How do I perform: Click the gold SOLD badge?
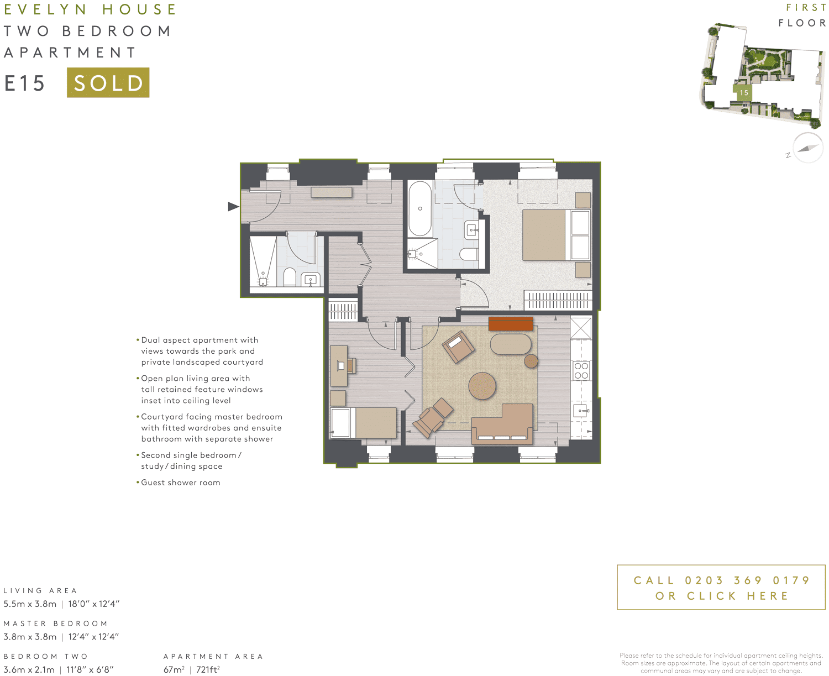[108, 83]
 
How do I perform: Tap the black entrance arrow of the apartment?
[233, 206]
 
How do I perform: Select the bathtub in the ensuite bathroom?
[420, 209]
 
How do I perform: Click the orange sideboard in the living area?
[511, 323]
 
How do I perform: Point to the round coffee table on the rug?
[482, 385]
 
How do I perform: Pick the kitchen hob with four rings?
[581, 371]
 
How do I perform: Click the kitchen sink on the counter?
[581, 410]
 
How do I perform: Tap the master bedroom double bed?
[555, 235]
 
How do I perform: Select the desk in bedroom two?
[339, 365]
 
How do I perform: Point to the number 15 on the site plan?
[744, 93]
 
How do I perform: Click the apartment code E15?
[25, 83]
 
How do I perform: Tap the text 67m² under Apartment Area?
[174, 669]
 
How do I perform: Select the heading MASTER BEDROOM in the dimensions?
[56, 623]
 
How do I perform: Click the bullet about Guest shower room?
[180, 483]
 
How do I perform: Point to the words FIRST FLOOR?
[802, 15]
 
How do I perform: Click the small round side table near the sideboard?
[531, 361]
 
